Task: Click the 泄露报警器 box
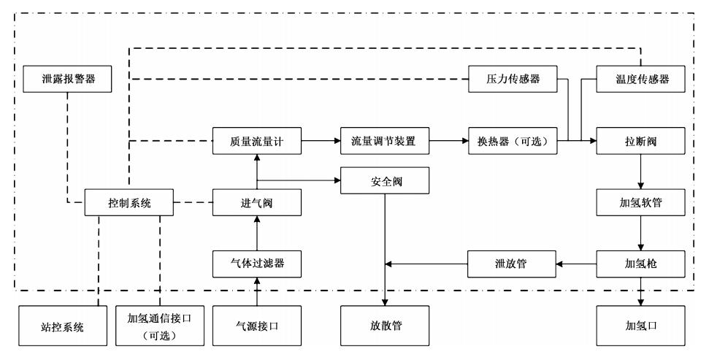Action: (x=67, y=79)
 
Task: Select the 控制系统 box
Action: (x=129, y=202)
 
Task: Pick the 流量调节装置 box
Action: (x=385, y=140)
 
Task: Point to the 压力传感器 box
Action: (x=513, y=79)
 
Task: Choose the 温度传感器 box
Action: (x=641, y=79)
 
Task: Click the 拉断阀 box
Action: (x=641, y=140)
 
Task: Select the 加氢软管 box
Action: (x=641, y=202)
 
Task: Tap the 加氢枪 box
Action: (x=641, y=263)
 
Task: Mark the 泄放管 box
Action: (x=513, y=263)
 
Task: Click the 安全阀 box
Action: (x=385, y=180)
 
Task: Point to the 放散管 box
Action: (x=385, y=325)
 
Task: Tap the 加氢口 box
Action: (x=641, y=325)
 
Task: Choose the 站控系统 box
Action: (x=62, y=325)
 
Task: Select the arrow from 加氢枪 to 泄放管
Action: (x=578, y=263)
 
